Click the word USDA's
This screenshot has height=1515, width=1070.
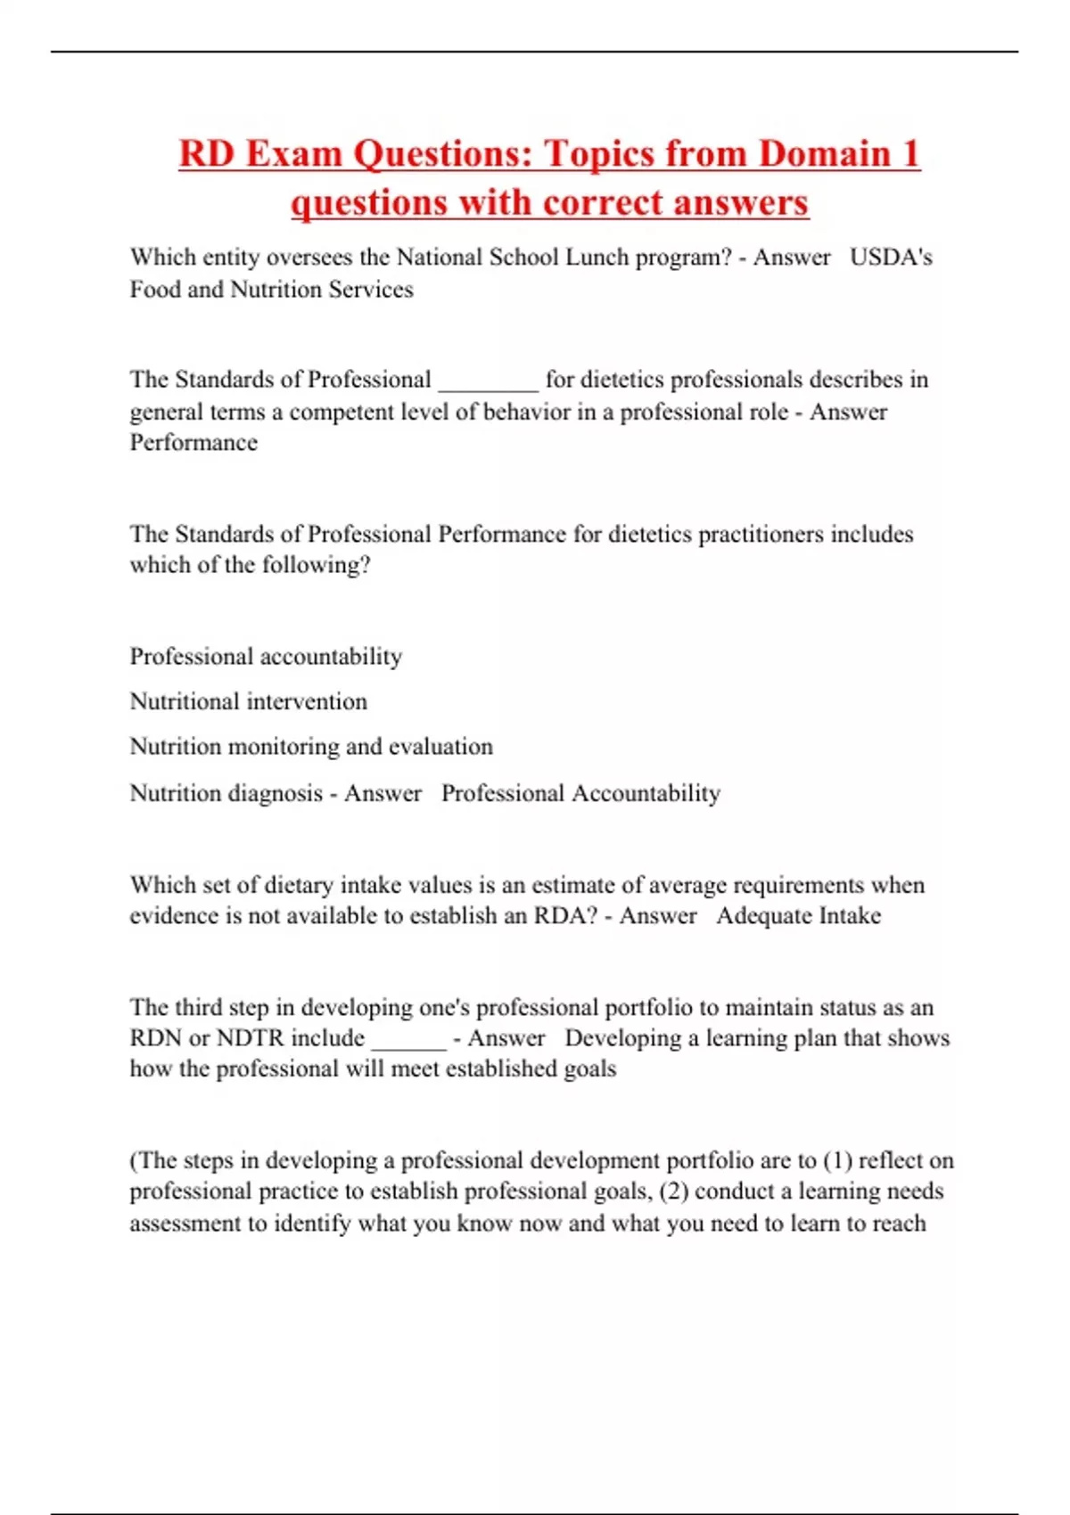pyautogui.click(x=891, y=258)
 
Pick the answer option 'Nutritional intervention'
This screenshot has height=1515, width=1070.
pyautogui.click(x=248, y=701)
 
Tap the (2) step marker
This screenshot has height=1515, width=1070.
pyautogui.click(x=673, y=1192)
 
